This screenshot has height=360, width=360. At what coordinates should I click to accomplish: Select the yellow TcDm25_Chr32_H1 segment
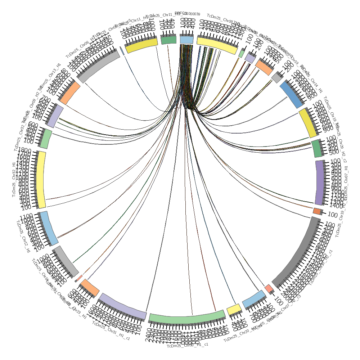41,179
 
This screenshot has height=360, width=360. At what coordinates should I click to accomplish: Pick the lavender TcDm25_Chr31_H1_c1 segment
122,307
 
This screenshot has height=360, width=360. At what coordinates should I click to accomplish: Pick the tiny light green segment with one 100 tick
241,53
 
